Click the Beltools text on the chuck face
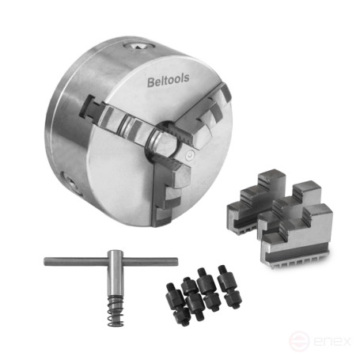(x=168, y=80)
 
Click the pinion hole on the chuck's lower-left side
(x=70, y=182)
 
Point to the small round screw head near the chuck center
(x=190, y=154)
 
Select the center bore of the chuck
(x=165, y=140)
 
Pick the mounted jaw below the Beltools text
(x=200, y=116)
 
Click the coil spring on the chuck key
(x=116, y=311)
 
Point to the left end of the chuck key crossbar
(x=46, y=262)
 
